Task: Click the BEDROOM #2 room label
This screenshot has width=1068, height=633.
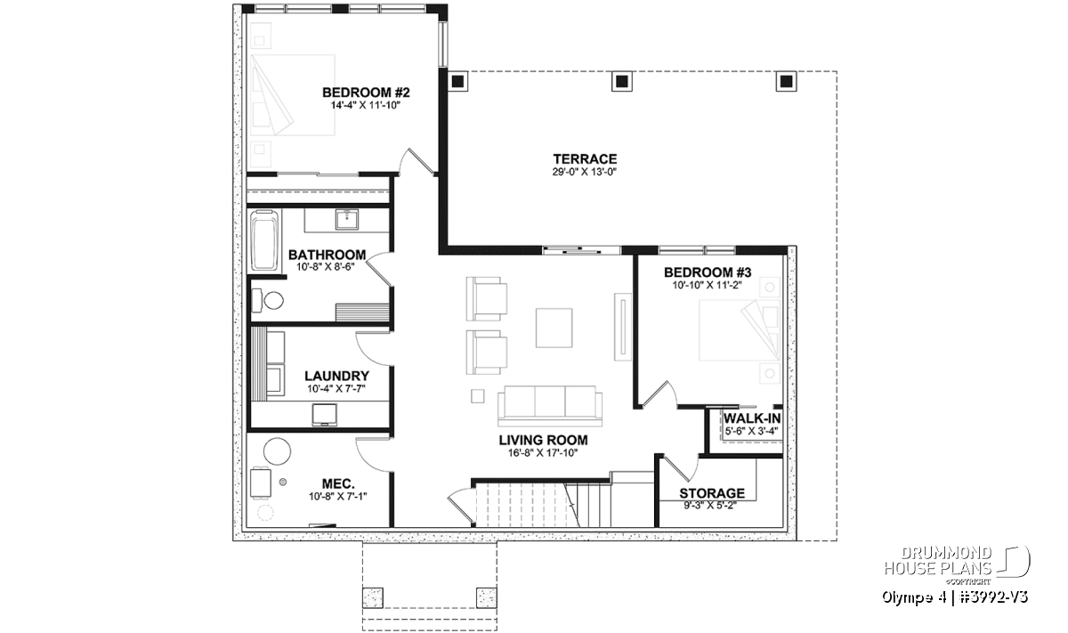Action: [x=366, y=92]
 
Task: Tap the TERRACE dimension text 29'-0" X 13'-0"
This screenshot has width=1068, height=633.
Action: [x=585, y=172]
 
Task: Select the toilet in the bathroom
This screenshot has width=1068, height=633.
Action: [x=268, y=300]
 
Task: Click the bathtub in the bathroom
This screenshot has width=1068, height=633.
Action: [x=265, y=241]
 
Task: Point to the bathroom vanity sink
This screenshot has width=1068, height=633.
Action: [x=346, y=220]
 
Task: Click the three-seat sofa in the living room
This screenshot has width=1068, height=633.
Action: [x=550, y=405]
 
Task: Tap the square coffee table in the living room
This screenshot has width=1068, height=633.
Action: [x=554, y=328]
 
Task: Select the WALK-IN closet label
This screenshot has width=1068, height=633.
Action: [x=752, y=418]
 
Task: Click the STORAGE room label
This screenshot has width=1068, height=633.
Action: [x=712, y=492]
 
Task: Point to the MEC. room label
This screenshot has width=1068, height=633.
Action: [x=338, y=483]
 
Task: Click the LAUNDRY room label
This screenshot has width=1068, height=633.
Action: [x=336, y=376]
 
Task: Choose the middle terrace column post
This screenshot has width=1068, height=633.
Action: [x=622, y=82]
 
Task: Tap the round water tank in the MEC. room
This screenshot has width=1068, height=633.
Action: [x=277, y=451]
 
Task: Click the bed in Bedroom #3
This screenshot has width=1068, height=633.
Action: [x=739, y=330]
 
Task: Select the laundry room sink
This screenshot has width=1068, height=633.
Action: [x=324, y=415]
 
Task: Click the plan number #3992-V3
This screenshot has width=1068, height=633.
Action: [x=991, y=597]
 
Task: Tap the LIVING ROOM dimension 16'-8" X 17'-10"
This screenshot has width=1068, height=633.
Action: [x=543, y=452]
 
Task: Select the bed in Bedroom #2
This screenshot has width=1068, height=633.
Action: [x=293, y=95]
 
